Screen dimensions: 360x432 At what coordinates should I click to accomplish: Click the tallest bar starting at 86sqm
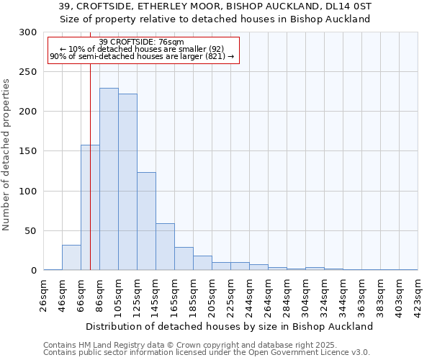pos(109,179)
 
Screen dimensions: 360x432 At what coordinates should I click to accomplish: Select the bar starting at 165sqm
pos(184,258)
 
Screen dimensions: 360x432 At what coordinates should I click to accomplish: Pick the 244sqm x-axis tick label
pos(249,294)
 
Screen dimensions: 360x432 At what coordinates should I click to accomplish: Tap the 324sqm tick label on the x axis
pos(324,294)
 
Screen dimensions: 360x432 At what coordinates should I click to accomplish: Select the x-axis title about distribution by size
pos(230,326)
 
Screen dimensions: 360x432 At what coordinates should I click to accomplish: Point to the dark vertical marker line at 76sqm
pos(90,180)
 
